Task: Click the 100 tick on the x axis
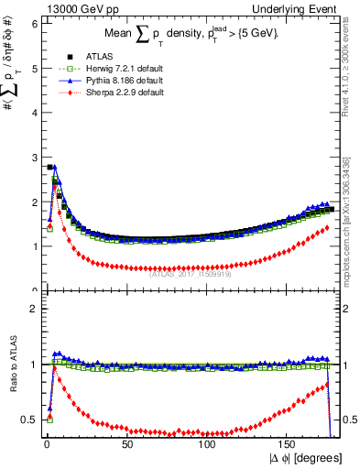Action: coord(208,444)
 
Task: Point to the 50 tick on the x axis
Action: coord(127,444)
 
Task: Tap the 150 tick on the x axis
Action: coord(289,444)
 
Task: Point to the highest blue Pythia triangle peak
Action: coord(55,169)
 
